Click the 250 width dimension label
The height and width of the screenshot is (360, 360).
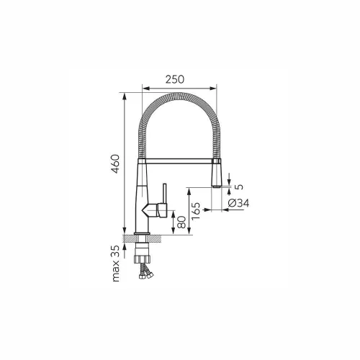pyautogui.click(x=175, y=79)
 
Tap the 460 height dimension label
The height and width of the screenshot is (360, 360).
pyautogui.click(x=116, y=164)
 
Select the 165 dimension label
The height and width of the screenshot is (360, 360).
pyautogui.click(x=196, y=211)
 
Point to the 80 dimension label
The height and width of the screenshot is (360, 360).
pyautogui.click(x=181, y=222)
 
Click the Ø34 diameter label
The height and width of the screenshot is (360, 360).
pyautogui.click(x=238, y=203)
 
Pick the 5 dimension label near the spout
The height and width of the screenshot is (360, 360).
pyautogui.click(x=239, y=186)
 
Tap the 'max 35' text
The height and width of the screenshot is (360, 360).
pyautogui.click(x=116, y=264)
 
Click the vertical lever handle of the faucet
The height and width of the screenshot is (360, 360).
pyautogui.click(x=165, y=194)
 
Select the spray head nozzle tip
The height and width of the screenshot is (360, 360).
pyautogui.click(x=216, y=186)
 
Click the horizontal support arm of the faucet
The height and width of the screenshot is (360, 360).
pyautogui.click(x=179, y=161)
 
